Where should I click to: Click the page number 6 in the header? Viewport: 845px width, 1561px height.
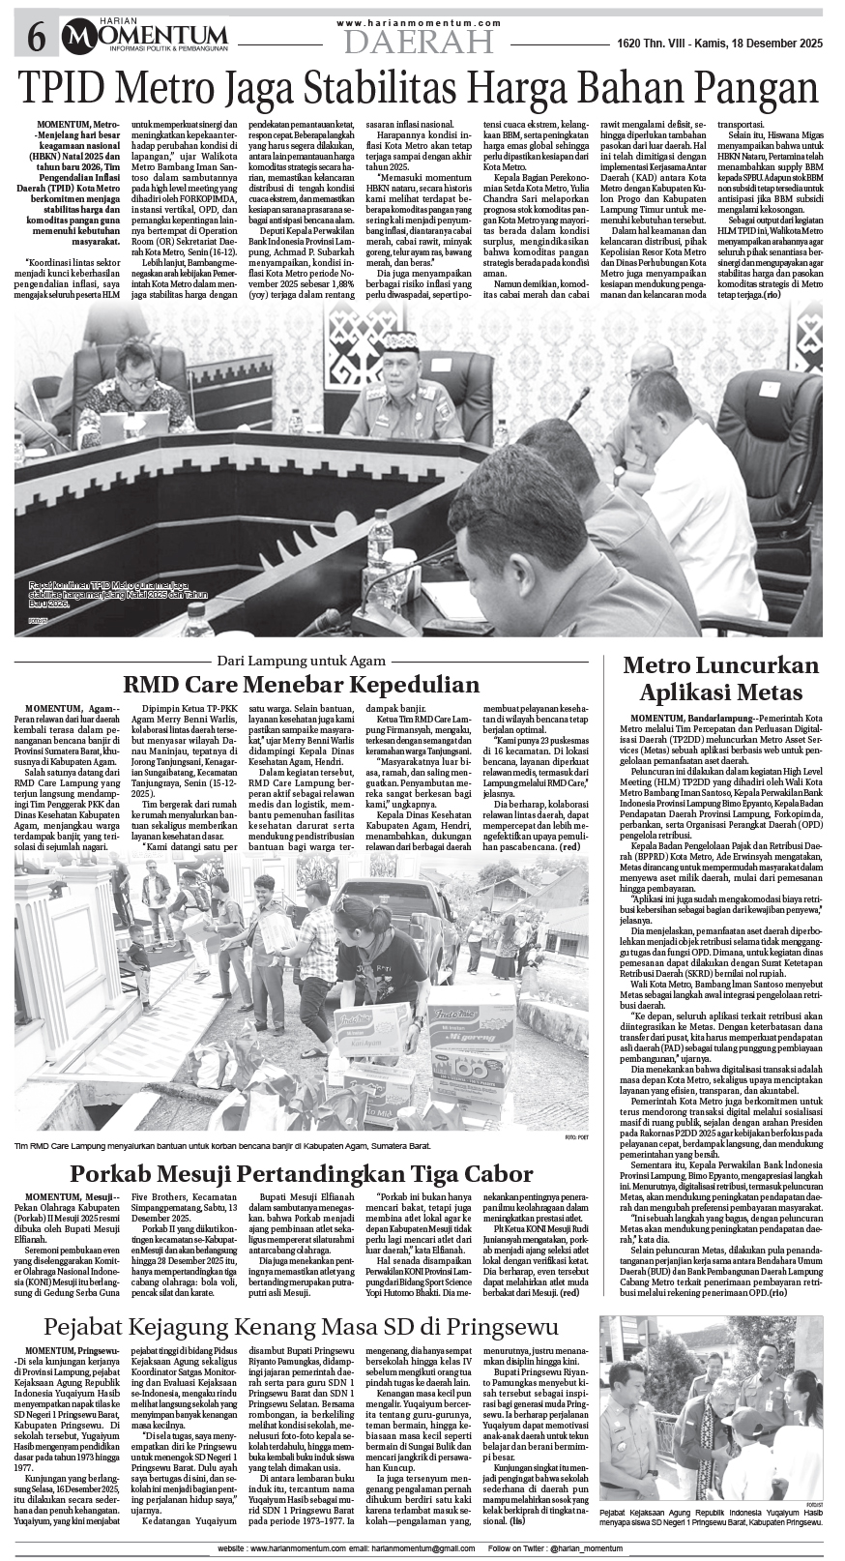click(x=36, y=38)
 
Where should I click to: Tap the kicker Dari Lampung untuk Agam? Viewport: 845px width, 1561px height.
click(x=302, y=660)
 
